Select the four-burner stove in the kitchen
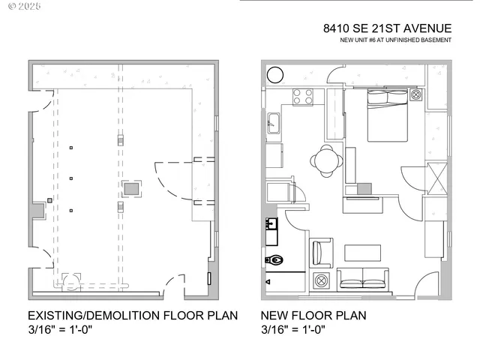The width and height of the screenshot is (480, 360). (x=302, y=97)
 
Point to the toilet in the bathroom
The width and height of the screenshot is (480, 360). (x=274, y=260)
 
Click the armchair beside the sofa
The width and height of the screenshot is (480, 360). (x=321, y=252)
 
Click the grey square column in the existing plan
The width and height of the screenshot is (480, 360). (x=132, y=188)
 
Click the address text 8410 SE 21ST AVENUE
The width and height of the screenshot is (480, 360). (x=387, y=28)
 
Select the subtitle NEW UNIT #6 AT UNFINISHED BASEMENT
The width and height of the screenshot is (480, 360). (x=395, y=40)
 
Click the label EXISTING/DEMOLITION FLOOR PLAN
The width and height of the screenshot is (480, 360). (x=133, y=316)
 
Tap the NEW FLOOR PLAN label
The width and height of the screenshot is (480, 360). (x=313, y=316)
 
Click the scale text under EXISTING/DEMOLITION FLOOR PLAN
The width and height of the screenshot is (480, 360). (x=60, y=329)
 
